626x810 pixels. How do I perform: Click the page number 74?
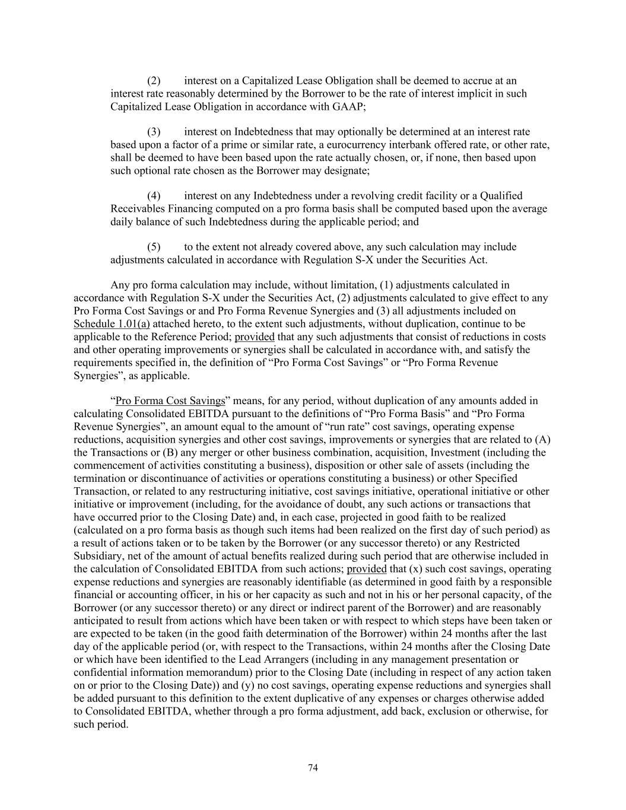[x=313, y=768]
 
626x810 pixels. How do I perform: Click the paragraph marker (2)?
[x=154, y=81]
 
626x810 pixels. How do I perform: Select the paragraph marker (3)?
[x=154, y=132]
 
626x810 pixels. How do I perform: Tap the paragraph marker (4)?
[x=154, y=196]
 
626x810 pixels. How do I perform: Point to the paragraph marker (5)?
[x=154, y=247]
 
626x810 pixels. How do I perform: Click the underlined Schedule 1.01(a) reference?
[x=112, y=324]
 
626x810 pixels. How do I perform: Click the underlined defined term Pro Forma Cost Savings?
[x=170, y=401]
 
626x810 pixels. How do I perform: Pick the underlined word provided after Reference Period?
[x=255, y=337]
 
